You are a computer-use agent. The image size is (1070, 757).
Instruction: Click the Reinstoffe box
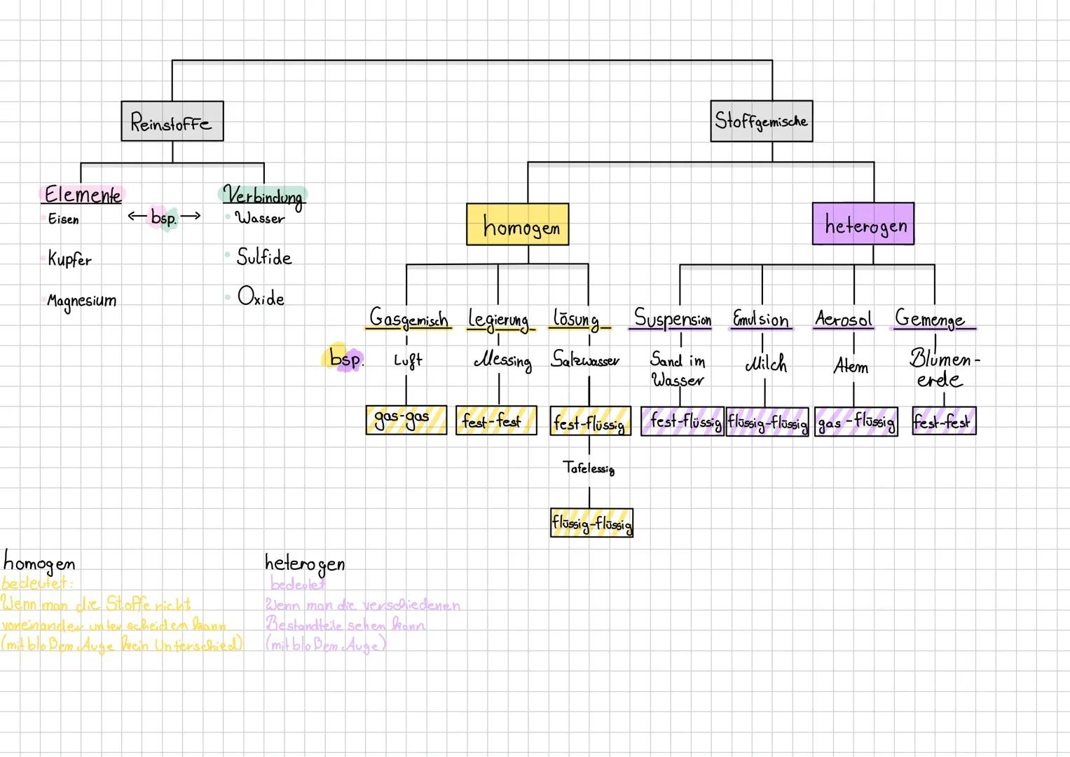tap(172, 121)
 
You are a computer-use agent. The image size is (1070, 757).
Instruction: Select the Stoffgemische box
tap(761, 121)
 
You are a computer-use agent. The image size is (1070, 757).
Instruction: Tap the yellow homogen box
tap(517, 225)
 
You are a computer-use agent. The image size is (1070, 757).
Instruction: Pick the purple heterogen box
tap(863, 224)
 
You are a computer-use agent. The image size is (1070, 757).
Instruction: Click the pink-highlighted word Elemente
tap(82, 194)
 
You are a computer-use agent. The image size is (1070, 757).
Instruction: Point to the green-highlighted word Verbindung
tap(263, 195)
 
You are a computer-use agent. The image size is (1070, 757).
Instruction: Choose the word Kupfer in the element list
tap(69, 259)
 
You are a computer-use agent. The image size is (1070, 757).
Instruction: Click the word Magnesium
tap(81, 301)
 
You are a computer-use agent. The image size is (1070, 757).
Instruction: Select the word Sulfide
tap(263, 257)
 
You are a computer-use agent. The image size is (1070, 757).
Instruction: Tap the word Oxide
tap(261, 297)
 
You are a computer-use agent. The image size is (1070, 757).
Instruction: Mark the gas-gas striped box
tap(406, 420)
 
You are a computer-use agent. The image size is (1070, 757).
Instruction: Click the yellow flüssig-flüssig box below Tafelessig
tap(591, 523)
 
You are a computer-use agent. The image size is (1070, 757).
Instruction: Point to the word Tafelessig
tap(589, 468)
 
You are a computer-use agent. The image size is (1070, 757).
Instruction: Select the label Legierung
tap(499, 320)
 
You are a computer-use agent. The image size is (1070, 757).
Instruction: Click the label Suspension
tap(673, 319)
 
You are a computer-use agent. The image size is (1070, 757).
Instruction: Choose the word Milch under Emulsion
tap(765, 364)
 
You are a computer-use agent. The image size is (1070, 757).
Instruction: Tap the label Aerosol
tap(844, 320)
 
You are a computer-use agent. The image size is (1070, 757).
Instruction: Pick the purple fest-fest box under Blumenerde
tap(943, 421)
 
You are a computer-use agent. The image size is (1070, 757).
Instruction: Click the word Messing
tap(502, 361)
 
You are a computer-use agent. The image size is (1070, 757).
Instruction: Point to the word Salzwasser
tap(585, 360)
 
